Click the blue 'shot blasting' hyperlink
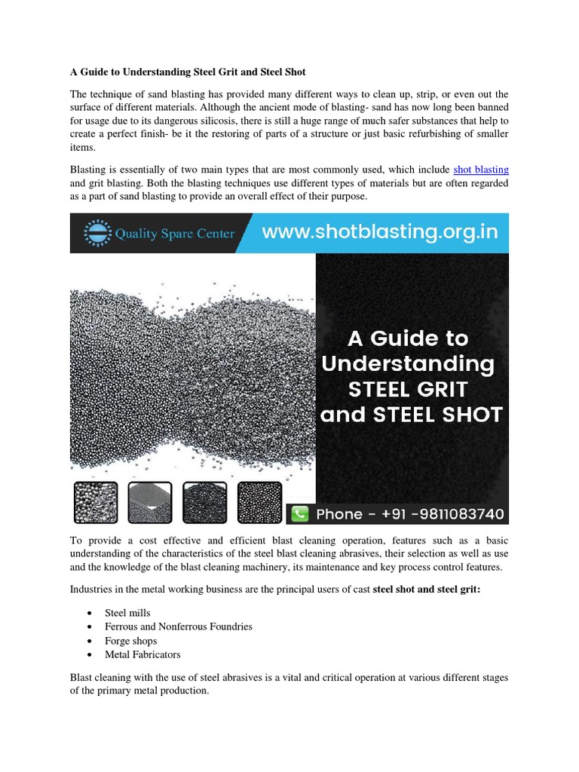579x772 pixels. tap(481, 170)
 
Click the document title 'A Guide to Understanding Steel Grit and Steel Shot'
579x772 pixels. tap(188, 72)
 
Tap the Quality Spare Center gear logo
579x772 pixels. tap(95, 233)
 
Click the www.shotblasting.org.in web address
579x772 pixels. tap(380, 231)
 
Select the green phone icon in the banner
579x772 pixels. tap(300, 514)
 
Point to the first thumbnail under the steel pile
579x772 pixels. tap(96, 503)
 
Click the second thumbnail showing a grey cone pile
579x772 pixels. tap(150, 503)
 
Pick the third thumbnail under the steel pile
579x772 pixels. tap(204, 503)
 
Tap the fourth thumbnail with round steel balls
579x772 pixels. tap(259, 503)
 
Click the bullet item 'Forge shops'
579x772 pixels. tap(130, 641)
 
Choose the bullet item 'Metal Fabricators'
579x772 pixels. tap(142, 654)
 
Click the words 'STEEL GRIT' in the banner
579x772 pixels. tap(407, 390)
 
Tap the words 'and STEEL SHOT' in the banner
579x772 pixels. tap(411, 415)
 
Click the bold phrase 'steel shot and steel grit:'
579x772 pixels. tap(426, 589)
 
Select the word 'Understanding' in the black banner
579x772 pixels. tap(408, 364)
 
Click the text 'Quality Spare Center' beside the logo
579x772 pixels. tap(175, 234)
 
